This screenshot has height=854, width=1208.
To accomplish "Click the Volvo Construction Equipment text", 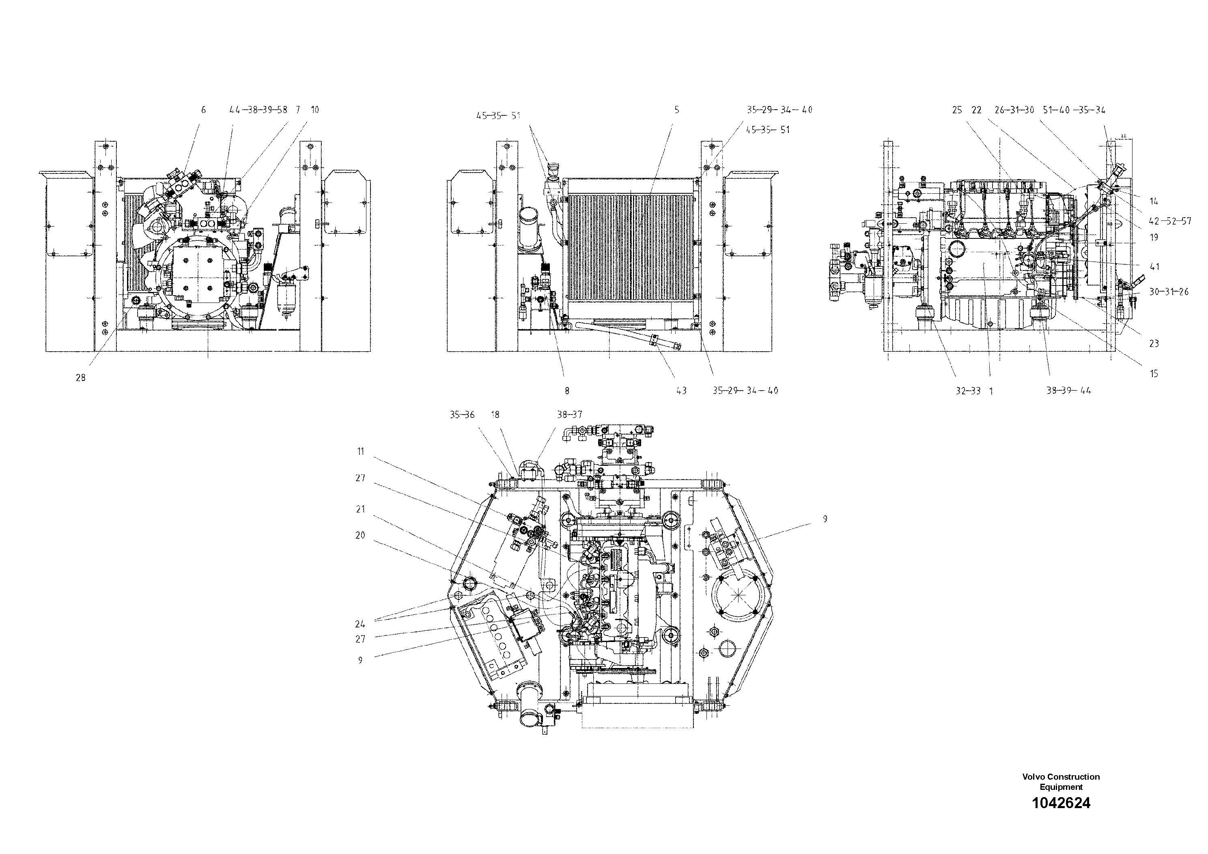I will point(1061,781).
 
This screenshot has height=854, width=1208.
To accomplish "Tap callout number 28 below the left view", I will point(80,378).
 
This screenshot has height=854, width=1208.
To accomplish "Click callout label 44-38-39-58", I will point(258,110).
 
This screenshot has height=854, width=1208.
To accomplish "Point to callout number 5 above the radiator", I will point(676,110).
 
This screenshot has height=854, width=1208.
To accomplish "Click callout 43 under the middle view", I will point(681,391).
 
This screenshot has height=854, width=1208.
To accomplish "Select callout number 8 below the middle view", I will point(566,391).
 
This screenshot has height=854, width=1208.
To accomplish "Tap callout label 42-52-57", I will point(1169,221).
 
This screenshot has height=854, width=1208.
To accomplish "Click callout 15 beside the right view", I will point(1154,374).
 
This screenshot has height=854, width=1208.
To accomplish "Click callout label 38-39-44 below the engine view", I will point(1068,391).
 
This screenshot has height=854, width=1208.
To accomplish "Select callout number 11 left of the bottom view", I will point(360,451).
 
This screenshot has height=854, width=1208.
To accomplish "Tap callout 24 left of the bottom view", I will point(360,624).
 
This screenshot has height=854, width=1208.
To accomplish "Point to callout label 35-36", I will point(462,415).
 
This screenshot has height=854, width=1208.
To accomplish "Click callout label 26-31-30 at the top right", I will point(1014,110).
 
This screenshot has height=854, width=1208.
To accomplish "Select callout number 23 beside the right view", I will point(1154,343).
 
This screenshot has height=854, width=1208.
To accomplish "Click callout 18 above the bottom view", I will point(495,415).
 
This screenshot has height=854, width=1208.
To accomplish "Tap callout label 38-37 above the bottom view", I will point(569,415).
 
